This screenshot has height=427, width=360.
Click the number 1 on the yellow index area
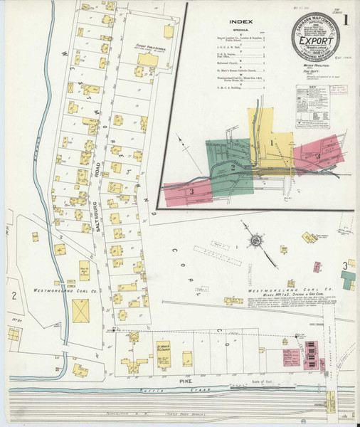click(x=271, y=143)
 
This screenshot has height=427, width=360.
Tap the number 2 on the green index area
click(x=233, y=167)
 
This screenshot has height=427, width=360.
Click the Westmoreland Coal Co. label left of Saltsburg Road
click(x=60, y=290)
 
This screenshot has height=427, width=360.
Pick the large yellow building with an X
click(x=81, y=310)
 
